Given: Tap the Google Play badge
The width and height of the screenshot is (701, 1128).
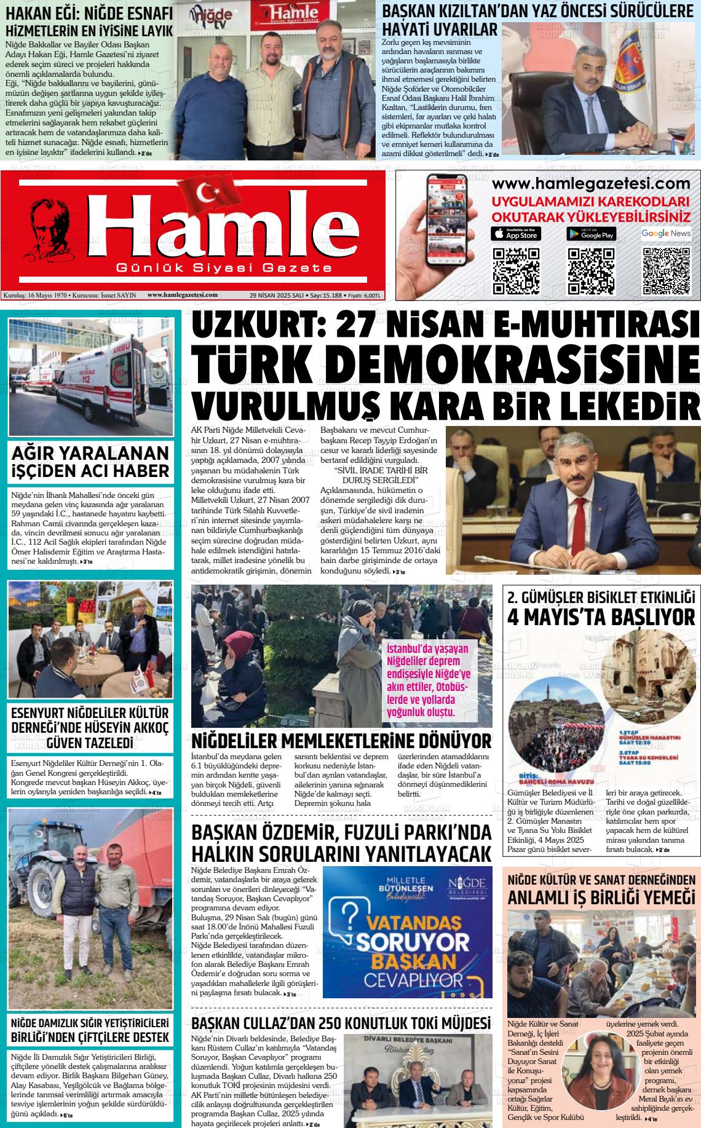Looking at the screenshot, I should pos(591,234).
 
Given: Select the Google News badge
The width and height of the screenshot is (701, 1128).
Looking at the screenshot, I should pos(666,234).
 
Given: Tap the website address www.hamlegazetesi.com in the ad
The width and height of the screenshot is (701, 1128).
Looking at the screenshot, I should pos(591,184).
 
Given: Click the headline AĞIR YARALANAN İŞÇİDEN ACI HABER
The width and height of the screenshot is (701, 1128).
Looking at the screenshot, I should pos(90,462).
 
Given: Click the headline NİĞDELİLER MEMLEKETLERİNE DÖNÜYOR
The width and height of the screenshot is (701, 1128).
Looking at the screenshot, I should pos(341,741).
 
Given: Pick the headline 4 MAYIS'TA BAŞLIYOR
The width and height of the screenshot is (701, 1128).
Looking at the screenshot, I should pos(601,617).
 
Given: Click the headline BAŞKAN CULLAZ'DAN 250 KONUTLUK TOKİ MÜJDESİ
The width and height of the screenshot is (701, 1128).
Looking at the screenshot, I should pos(341,1023).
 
